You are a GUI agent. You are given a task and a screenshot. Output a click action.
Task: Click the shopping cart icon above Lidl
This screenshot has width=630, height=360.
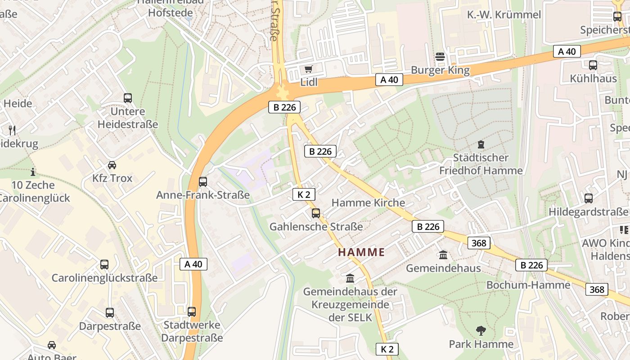pos(308,69)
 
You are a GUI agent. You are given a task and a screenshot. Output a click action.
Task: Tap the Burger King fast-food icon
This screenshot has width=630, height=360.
pos(440,57)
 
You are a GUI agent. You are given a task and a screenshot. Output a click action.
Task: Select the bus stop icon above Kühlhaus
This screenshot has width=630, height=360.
pos(593,65)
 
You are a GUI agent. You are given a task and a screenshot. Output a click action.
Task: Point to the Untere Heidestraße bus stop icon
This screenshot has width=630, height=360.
pos(128,98)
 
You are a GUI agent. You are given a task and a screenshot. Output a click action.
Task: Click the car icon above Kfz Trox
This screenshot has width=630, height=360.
pos(112,165)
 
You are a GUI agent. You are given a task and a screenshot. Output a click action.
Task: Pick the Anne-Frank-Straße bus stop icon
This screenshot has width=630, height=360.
pos(203,182)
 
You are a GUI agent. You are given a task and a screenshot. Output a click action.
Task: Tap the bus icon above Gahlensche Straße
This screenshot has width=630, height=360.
pos(316,213)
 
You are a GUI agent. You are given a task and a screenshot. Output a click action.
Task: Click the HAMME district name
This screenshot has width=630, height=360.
pos(361,252)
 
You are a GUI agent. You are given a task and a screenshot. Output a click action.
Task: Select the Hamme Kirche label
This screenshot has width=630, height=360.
pos(368,203)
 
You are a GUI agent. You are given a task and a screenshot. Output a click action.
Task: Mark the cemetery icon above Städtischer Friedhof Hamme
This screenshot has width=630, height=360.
pos(481,144)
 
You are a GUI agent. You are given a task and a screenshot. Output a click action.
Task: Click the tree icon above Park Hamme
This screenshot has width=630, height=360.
pos(481,331)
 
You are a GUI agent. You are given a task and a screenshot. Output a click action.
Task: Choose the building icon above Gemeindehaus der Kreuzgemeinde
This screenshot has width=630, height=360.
pos(350,278)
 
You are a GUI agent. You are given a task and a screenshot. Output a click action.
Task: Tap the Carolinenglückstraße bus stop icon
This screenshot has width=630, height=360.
pos(104,265)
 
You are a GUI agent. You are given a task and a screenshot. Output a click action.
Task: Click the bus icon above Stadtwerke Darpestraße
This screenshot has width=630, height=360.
pos(192,311)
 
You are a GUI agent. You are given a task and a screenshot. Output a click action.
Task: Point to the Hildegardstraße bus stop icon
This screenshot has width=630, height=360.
pos(588,198)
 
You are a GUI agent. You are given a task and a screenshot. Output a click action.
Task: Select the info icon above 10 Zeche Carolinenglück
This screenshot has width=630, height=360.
pos(33,172)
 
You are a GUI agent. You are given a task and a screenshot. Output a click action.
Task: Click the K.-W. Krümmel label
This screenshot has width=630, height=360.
pos(504,15)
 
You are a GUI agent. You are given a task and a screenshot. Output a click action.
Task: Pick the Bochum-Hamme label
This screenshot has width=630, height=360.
pos(528,285)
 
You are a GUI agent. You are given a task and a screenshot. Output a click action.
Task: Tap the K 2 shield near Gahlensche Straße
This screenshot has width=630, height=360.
pos(304,194)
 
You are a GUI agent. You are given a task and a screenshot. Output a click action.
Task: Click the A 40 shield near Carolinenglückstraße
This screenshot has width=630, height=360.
pos(193,264)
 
